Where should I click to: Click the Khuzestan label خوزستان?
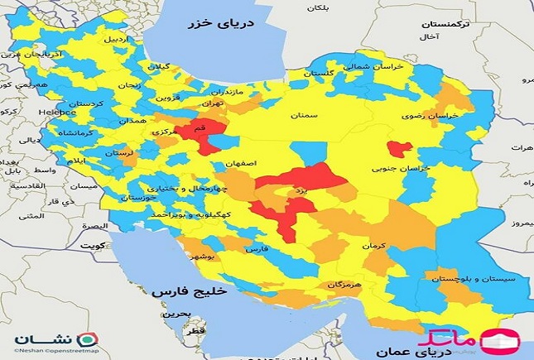pyautogui.click(x=137, y=199)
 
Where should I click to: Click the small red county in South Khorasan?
pyautogui.click(x=401, y=149)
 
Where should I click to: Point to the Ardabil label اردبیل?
pyautogui.click(x=117, y=39)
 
